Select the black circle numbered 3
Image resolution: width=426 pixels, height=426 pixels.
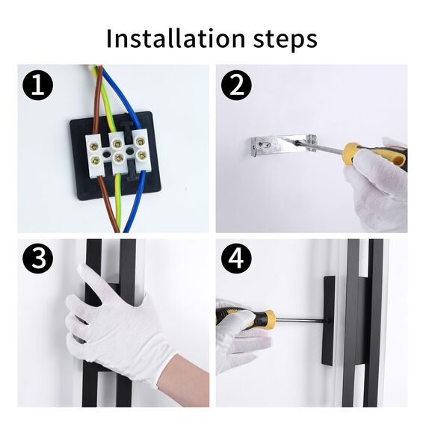click(37, 259)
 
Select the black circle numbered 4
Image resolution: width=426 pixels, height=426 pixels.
click(236, 259)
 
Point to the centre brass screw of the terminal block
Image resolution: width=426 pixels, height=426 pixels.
click(117, 155)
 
